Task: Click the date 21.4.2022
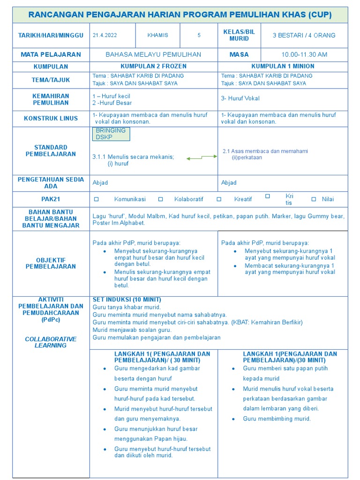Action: [x=105, y=35]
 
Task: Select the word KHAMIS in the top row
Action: [x=157, y=35]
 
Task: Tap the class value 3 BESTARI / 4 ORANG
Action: [x=304, y=35]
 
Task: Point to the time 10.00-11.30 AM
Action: [x=304, y=54]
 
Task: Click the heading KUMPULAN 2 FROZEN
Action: [x=153, y=66]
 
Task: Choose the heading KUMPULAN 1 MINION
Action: [x=283, y=66]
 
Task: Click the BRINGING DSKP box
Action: [x=111, y=134]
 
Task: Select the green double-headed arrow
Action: [x=202, y=158]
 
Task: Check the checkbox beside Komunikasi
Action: [x=97, y=199]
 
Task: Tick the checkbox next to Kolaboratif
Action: [x=160, y=199]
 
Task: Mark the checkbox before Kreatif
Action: [x=219, y=199]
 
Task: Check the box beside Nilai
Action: [x=314, y=199]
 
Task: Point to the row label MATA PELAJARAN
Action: [x=51, y=54]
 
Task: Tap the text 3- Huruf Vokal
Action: [x=240, y=98]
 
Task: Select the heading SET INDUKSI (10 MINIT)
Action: [x=127, y=300]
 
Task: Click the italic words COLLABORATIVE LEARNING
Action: [x=51, y=342]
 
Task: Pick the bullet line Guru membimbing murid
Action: [x=277, y=419]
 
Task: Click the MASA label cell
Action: [x=239, y=54]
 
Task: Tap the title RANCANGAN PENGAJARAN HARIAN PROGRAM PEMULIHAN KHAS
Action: [x=180, y=15]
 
